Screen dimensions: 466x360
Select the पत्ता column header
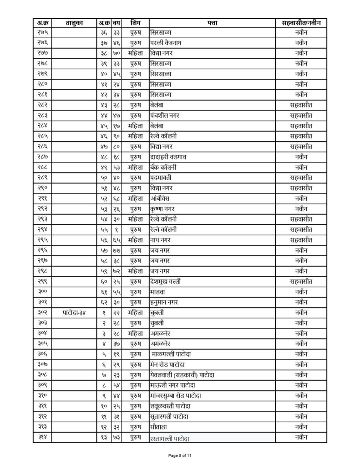pos(212,22)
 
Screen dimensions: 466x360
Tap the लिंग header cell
pos(135,22)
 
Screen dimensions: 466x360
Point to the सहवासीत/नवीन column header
pos(301,22)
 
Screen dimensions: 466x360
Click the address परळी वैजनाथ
pos(167,42)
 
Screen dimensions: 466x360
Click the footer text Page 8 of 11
pos(180,455)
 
